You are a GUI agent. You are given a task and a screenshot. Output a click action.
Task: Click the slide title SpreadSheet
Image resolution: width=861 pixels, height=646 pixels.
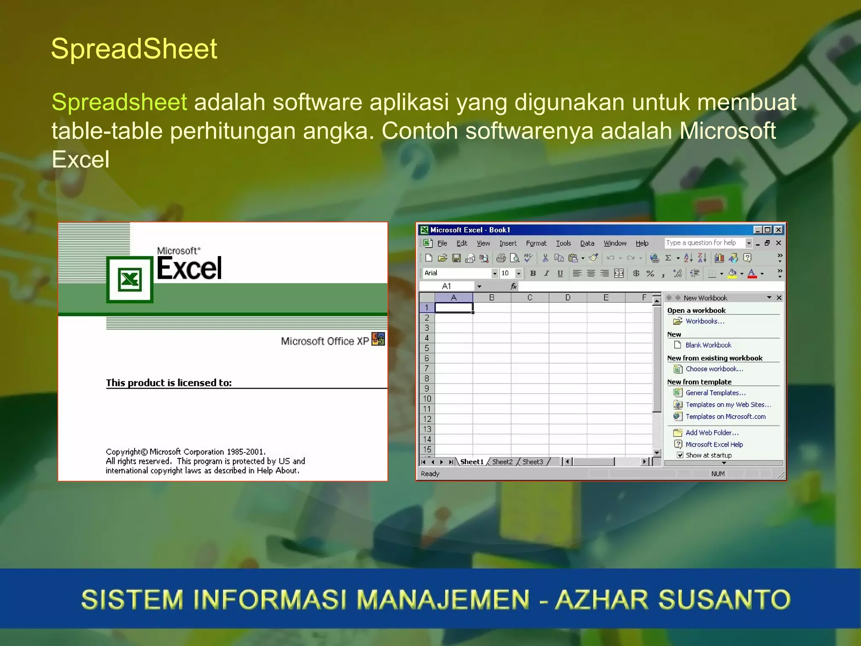pyautogui.click(x=134, y=49)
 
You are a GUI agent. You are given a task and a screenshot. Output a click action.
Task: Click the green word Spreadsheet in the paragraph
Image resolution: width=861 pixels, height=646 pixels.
pyautogui.click(x=119, y=102)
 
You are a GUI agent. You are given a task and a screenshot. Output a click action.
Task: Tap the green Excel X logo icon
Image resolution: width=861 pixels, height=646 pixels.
pyautogui.click(x=129, y=280)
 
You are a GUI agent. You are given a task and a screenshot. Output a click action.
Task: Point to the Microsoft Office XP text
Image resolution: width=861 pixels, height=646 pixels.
pyautogui.click(x=325, y=341)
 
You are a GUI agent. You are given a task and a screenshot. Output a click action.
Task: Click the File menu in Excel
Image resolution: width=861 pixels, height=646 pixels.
pyautogui.click(x=442, y=243)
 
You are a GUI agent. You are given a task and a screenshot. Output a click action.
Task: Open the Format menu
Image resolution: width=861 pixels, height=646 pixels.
pyautogui.click(x=536, y=243)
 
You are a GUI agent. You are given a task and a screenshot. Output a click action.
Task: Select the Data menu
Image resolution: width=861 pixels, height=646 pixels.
pyautogui.click(x=587, y=243)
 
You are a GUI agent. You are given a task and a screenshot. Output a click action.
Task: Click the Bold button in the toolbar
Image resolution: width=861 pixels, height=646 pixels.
pyautogui.click(x=533, y=273)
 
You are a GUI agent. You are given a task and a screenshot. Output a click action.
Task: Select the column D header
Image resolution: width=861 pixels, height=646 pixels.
pyautogui.click(x=568, y=298)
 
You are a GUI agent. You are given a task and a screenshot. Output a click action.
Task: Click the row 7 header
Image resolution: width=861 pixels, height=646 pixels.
pyautogui.click(x=427, y=368)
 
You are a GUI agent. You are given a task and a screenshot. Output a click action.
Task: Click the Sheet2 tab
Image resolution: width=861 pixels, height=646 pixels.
pyautogui.click(x=502, y=462)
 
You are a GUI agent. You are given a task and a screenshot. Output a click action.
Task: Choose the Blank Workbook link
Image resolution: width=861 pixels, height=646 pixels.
pyautogui.click(x=708, y=345)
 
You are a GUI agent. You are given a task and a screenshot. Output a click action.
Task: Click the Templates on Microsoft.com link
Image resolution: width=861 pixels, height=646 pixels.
pyautogui.click(x=725, y=416)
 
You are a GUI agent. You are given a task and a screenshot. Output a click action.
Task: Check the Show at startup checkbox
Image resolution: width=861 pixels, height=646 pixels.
pyautogui.click(x=680, y=455)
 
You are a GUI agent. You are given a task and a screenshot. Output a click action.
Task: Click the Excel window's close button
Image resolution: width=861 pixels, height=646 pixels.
pyautogui.click(x=779, y=230)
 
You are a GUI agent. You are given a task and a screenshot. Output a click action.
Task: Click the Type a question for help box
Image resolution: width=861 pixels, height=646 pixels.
pyautogui.click(x=704, y=243)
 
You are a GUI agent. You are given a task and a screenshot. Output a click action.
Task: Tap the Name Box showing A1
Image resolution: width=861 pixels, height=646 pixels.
pyautogui.click(x=446, y=286)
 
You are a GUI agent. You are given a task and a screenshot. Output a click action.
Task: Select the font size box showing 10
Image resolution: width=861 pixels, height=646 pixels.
pyautogui.click(x=506, y=273)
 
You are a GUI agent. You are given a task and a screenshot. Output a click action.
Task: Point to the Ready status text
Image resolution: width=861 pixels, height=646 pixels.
pyautogui.click(x=430, y=474)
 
